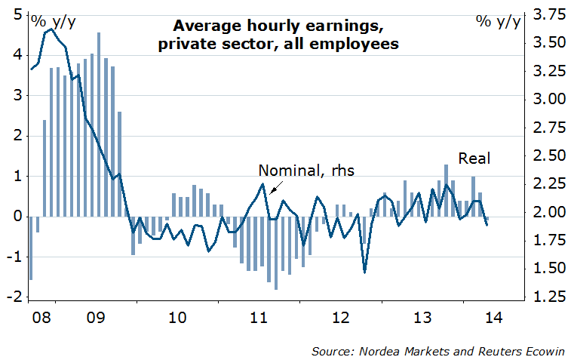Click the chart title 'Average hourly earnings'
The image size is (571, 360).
(279, 26)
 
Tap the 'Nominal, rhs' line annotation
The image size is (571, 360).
(306, 170)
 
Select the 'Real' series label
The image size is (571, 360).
(474, 158)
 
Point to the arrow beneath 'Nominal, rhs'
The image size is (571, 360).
(277, 187)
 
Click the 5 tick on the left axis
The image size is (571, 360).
(17, 14)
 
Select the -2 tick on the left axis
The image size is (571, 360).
(14, 297)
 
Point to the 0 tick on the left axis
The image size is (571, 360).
(17, 217)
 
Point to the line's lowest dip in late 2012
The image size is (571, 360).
(365, 272)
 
